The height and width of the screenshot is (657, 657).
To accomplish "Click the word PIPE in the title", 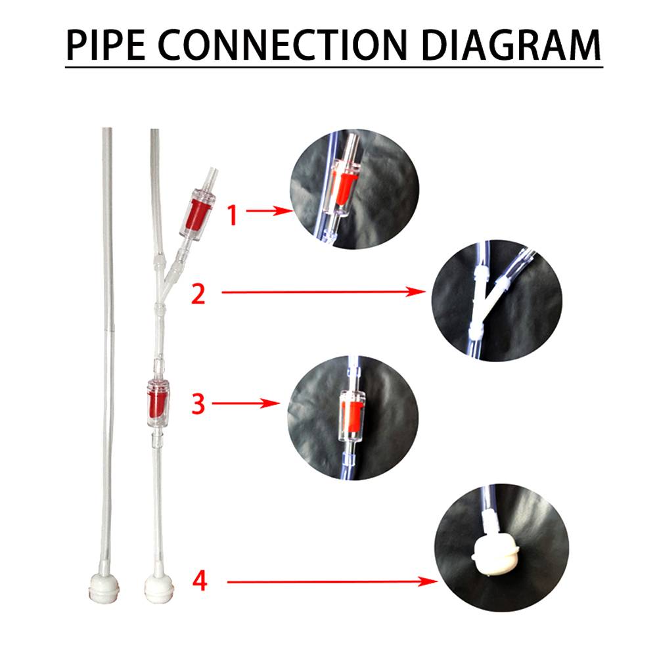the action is (x=106, y=45).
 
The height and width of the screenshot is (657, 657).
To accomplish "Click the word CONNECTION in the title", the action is (x=283, y=45).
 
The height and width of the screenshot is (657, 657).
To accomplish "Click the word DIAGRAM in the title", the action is (x=510, y=45).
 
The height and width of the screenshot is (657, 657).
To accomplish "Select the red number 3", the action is (x=198, y=404).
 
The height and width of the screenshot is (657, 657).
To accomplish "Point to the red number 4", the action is (x=200, y=581).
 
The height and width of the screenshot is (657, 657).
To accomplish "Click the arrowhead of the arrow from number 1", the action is (x=283, y=210).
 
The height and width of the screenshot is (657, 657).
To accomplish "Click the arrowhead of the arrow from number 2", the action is (x=416, y=292).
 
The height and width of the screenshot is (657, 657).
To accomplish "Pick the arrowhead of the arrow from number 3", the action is (x=270, y=403).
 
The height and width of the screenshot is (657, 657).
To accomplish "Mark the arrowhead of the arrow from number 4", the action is (x=428, y=581).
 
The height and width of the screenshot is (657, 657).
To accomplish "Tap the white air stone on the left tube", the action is (x=104, y=588).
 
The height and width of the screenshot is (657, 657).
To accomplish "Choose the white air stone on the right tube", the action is (x=159, y=588).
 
